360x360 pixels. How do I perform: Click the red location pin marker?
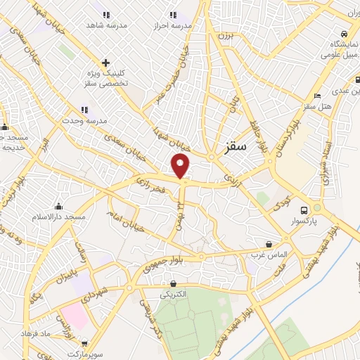181,166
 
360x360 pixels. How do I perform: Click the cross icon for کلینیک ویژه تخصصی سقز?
105,63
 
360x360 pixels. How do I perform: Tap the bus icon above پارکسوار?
304,210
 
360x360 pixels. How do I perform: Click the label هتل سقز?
316,105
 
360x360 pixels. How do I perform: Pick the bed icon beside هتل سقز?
317,96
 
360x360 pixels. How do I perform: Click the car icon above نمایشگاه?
342,34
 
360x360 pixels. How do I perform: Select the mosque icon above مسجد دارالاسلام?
58,207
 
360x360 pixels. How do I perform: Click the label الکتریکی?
173,295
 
